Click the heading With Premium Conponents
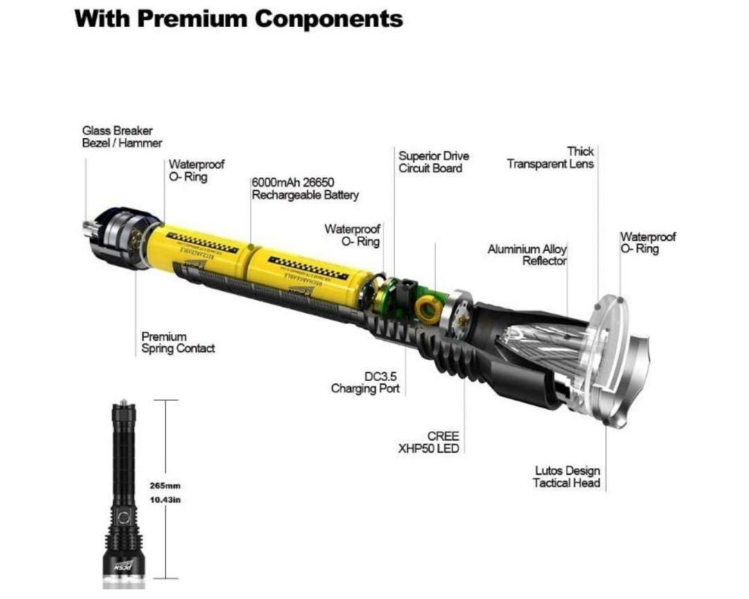coord(238,18)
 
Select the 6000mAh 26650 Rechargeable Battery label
coord(305,189)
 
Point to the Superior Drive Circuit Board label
coord(433,162)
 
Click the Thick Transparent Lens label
coord(551,158)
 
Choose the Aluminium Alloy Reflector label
coord(527,255)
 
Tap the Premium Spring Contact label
coord(178,343)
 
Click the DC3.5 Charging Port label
coord(365,382)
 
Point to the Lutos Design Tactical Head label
coord(567,477)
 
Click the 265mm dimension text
coord(165,486)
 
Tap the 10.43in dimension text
coord(165,500)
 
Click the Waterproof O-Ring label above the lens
coord(647,242)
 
